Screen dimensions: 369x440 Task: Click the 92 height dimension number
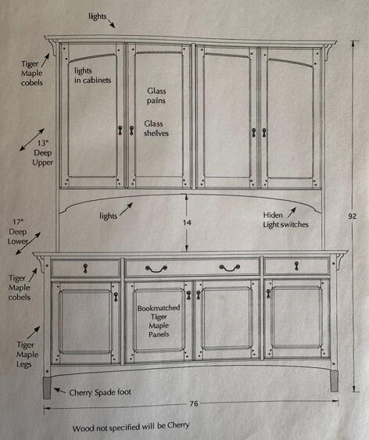coord(352,216)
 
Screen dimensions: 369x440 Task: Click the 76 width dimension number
coord(194,403)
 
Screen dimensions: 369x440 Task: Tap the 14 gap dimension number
coord(187,223)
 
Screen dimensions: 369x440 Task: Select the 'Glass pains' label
coord(156,95)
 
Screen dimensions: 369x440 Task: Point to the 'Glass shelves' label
coord(156,128)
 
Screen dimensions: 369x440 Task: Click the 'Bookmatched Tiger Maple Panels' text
coord(159,321)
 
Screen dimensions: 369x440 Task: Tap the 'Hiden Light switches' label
coord(285,220)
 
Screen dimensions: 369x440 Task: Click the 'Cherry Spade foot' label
coord(100,392)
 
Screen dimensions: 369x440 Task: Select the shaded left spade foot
coord(47,388)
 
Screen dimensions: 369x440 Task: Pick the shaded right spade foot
coord(334,381)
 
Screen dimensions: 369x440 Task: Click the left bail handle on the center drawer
coord(156,269)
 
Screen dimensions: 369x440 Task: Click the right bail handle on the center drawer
coord(230,268)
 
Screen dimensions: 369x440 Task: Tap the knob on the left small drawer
coord(85,268)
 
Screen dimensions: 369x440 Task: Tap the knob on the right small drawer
coord(296,266)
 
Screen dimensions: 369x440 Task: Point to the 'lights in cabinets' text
coord(92,75)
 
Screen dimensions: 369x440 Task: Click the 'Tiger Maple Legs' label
coord(27,354)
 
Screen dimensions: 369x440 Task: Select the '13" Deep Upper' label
coord(43,153)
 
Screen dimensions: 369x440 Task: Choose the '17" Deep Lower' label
coord(18,231)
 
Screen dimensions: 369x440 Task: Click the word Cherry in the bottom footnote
coord(178,425)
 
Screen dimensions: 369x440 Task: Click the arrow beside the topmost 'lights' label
coord(111,23)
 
